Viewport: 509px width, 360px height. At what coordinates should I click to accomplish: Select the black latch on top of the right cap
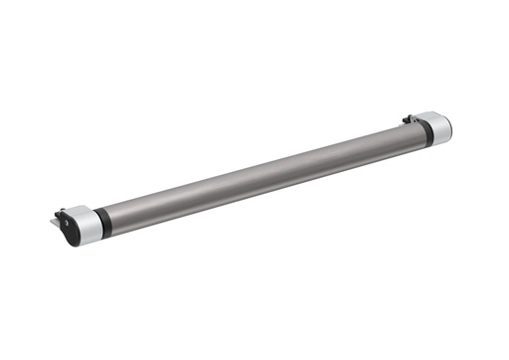click(408, 120)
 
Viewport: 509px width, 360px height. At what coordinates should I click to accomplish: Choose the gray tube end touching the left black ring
click(112, 218)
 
